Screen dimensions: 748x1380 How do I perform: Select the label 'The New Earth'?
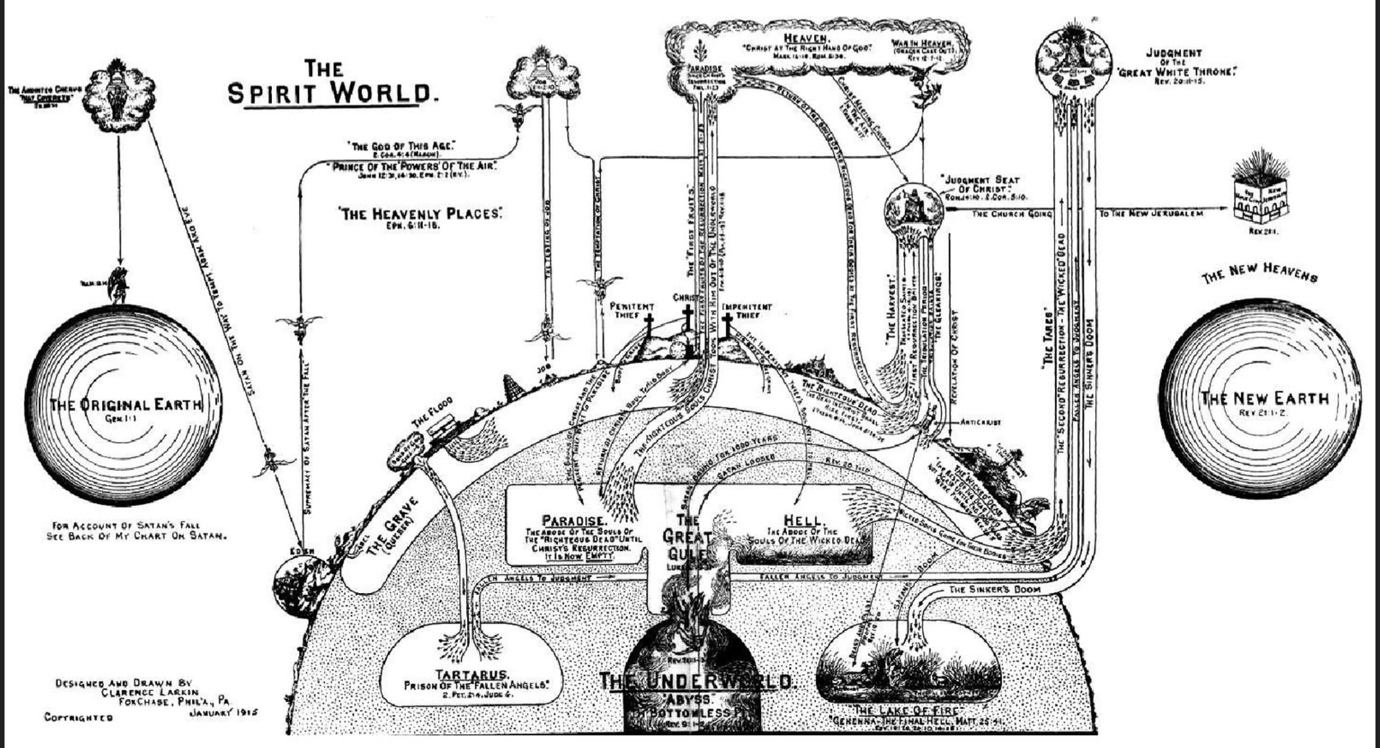tap(1264, 398)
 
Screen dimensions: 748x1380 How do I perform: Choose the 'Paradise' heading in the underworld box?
tap(574, 520)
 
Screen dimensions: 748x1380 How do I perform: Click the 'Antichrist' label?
tap(980, 422)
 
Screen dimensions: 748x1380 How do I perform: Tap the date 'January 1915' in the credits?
tap(224, 712)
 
